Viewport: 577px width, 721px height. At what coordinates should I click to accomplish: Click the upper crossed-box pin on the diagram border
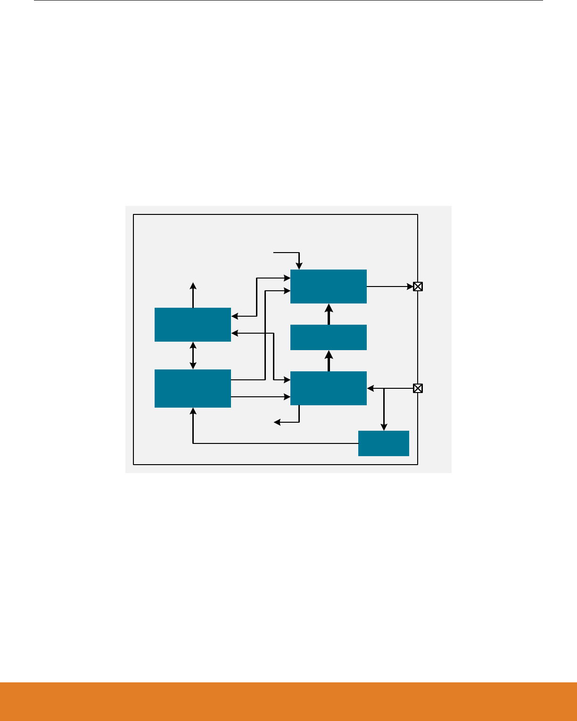[418, 286]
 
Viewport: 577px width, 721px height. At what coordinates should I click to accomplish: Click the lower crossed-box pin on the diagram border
[418, 388]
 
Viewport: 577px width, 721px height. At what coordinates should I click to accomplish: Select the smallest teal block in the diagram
[383, 443]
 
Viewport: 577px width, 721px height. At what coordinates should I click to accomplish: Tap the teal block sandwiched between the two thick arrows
[329, 337]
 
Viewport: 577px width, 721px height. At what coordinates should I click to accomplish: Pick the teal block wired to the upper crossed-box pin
[329, 287]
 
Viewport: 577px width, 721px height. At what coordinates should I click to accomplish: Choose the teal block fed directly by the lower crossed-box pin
[329, 388]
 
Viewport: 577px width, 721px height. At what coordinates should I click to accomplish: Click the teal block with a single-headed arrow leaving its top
[193, 325]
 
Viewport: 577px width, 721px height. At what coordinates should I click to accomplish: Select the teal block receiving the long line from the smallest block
[193, 388]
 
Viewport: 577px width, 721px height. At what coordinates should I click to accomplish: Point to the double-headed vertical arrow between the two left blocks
[193, 356]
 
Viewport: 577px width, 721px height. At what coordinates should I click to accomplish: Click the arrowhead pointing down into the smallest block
[384, 427]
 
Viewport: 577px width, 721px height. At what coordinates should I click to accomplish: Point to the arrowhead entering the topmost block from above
[299, 266]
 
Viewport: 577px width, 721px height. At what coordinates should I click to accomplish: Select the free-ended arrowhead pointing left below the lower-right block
[278, 422]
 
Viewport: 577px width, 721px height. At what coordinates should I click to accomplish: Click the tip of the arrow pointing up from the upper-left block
[193, 285]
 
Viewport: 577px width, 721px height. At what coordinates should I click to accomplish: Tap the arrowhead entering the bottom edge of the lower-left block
[193, 411]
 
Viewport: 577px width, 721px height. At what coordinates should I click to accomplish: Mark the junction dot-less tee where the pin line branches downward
[384, 388]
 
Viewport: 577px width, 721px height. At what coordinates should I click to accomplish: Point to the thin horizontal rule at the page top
[288, 0]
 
